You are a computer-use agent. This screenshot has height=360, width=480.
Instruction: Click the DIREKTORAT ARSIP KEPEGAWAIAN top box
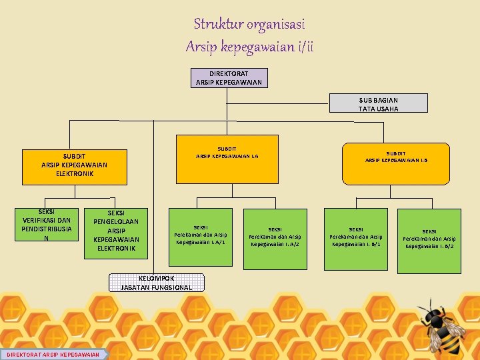tap(229, 78)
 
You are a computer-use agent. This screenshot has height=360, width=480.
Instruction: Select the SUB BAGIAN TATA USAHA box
tap(379, 103)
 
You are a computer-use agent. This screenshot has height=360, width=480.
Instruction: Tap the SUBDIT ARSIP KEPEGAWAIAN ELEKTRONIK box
tap(75, 165)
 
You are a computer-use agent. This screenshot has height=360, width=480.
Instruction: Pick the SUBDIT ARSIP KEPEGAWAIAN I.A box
tap(227, 159)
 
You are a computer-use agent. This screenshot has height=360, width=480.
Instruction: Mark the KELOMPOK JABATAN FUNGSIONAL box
tap(157, 283)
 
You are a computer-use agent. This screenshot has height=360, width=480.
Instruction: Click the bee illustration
tap(441, 327)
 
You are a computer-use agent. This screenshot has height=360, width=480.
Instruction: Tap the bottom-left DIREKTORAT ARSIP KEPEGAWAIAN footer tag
tap(54, 354)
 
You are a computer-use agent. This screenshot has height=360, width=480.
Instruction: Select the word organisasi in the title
tap(275, 25)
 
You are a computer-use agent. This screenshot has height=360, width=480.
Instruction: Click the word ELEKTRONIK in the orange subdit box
tap(75, 173)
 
